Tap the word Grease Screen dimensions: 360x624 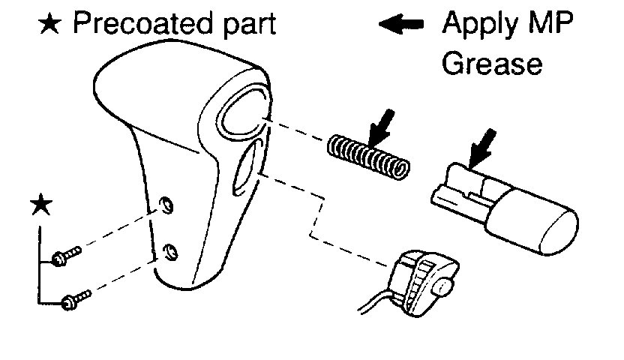point(491,63)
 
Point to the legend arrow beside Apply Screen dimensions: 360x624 point(403,25)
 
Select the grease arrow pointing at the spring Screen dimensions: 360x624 point(379,124)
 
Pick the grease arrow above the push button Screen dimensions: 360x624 point(481,147)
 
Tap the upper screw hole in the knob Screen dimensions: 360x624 point(168,205)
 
